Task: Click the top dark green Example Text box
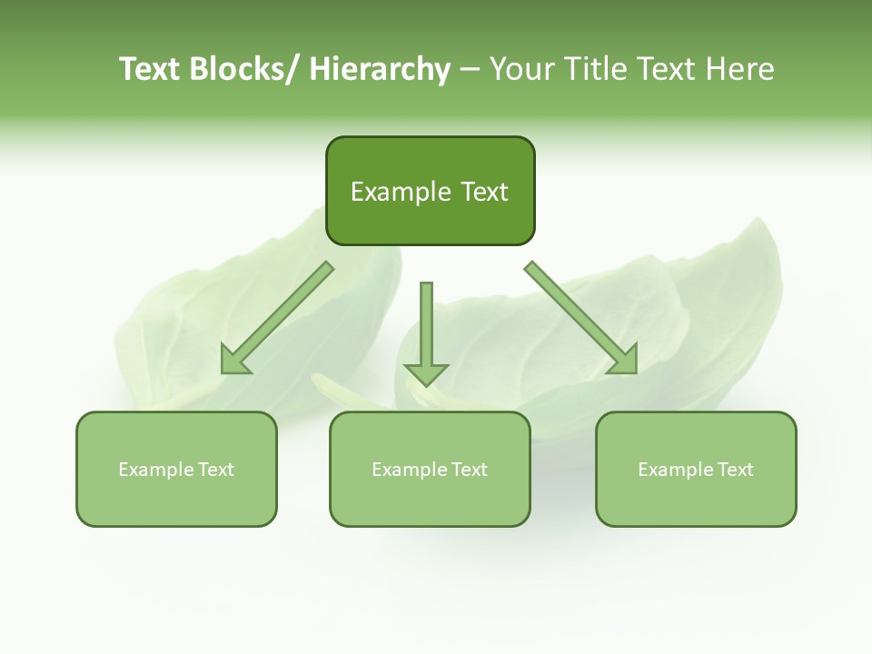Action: [430, 191]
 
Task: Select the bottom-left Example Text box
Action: [176, 469]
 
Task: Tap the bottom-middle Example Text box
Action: [430, 469]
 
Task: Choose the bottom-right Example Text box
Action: [696, 469]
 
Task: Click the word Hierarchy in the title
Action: [380, 69]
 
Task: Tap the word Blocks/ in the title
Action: [242, 69]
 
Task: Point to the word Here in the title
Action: [740, 69]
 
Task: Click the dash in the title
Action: [470, 70]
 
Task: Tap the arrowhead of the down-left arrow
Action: [235, 362]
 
